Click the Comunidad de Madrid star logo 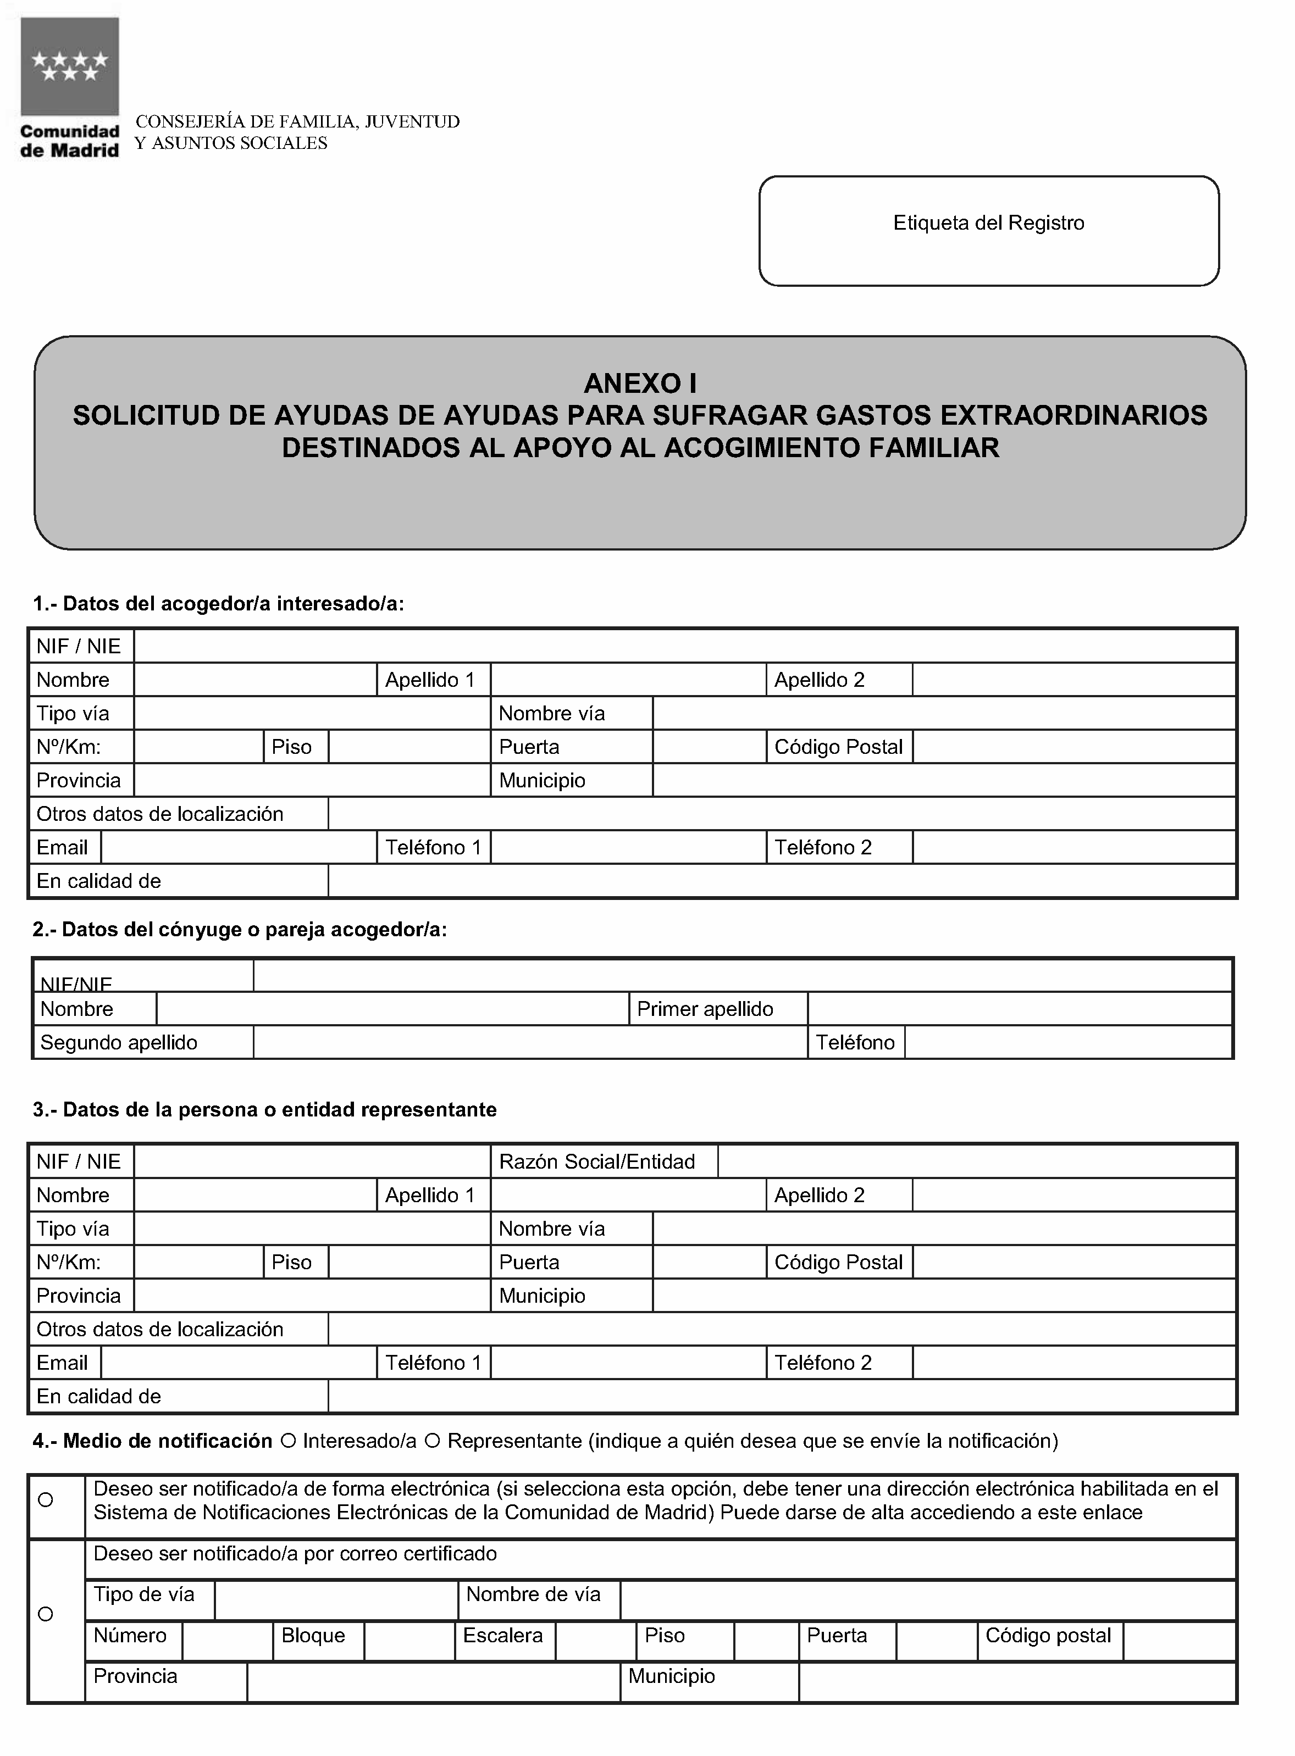coord(70,66)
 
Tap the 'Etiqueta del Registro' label coord(988,223)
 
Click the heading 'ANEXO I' coord(640,383)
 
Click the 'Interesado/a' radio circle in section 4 coord(287,1441)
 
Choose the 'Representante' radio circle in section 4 coord(432,1441)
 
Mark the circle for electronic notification coord(46,1500)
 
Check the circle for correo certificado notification coord(46,1614)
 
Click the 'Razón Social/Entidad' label coord(596,1162)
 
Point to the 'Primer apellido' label coord(705,1009)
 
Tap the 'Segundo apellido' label coord(118,1043)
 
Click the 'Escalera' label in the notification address coord(502,1636)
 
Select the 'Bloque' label coord(313,1636)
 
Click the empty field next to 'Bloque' coord(409,1641)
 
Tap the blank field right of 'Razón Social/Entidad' coord(976,1162)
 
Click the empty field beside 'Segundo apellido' coord(530,1043)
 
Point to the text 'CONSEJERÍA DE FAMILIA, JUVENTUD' coord(297,122)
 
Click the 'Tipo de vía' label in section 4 coord(143,1594)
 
